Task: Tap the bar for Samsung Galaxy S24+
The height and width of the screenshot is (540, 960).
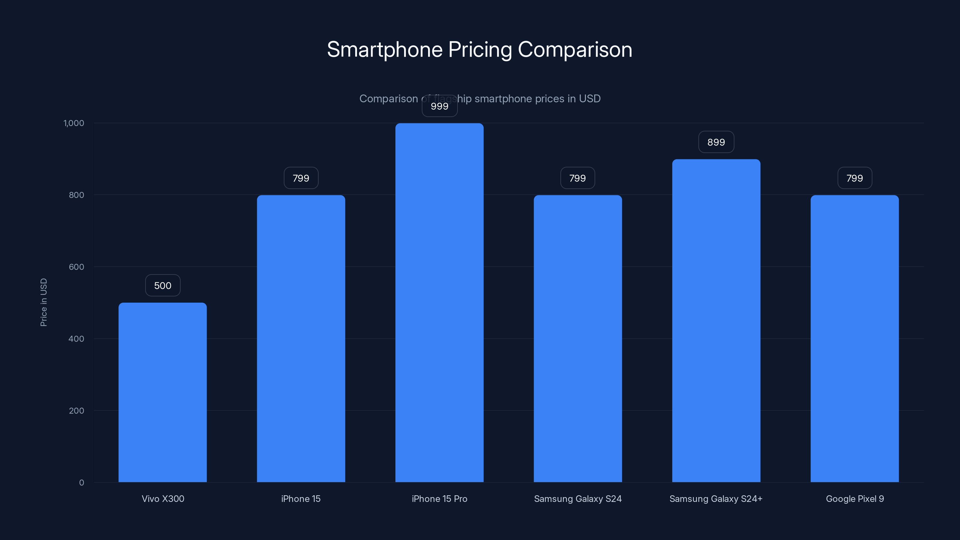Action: click(716, 320)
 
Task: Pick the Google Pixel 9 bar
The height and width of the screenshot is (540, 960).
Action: click(854, 338)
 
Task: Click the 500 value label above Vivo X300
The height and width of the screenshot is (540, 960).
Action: click(163, 286)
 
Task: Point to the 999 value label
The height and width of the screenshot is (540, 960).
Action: click(439, 106)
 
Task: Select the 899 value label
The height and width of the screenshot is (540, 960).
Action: click(716, 142)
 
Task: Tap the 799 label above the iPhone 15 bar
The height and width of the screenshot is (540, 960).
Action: click(301, 178)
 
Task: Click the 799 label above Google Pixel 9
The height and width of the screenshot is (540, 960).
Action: click(854, 178)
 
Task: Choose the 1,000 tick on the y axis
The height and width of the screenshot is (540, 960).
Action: click(74, 123)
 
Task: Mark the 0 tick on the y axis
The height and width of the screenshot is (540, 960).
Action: click(81, 483)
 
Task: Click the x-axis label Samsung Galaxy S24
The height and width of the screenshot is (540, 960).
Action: click(577, 499)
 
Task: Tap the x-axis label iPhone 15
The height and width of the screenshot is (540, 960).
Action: click(301, 499)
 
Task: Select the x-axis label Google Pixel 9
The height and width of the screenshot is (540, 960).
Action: click(854, 499)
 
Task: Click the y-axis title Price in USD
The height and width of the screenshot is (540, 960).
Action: click(43, 302)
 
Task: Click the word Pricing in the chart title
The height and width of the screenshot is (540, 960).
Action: click(480, 49)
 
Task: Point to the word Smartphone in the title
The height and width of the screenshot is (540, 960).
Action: click(384, 49)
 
